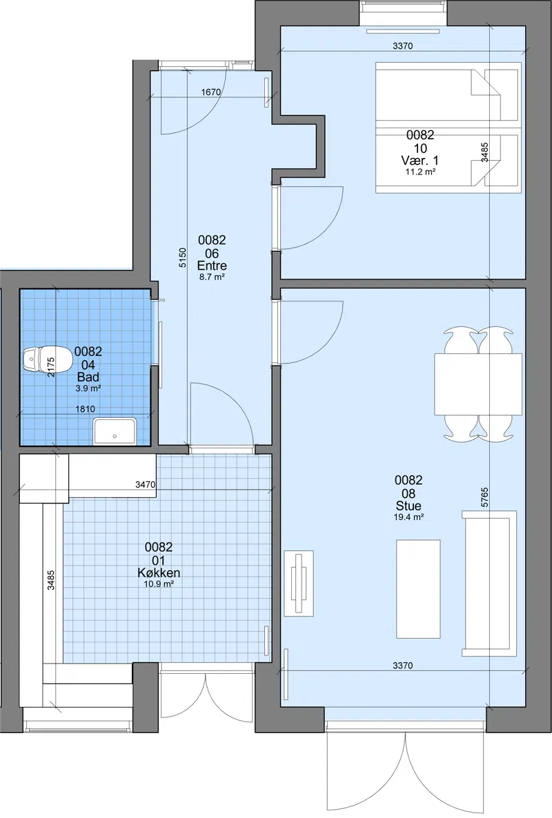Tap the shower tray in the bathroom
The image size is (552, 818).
(115, 431)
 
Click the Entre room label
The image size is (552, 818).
(212, 266)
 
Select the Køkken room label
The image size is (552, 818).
(159, 572)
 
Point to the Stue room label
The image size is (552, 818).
(408, 506)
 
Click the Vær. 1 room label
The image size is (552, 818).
(420, 161)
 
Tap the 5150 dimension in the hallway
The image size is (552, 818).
(182, 258)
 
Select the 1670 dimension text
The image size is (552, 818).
(210, 92)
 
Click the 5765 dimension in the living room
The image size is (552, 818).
(484, 498)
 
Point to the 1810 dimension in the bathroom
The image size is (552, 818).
(85, 409)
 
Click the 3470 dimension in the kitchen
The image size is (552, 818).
(145, 485)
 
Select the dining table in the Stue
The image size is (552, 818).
(478, 384)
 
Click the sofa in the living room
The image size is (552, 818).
(489, 583)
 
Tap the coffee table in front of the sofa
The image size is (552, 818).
(418, 589)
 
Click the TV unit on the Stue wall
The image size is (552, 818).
(299, 583)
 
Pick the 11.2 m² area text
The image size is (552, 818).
(420, 172)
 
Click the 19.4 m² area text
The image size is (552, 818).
(408, 517)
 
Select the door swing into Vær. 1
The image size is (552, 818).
(311, 218)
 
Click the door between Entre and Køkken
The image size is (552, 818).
(221, 415)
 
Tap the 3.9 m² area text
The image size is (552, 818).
(88, 388)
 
